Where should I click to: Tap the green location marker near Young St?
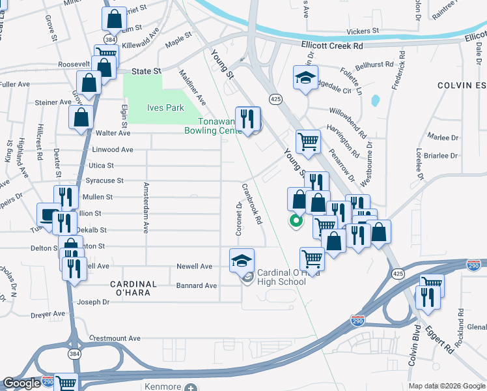tap(296, 221)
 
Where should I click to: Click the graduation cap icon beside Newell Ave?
tap(241, 261)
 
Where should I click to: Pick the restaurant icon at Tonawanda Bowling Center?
tap(247, 119)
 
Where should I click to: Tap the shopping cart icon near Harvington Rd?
tap(309, 141)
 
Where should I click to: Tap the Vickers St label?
tap(363, 31)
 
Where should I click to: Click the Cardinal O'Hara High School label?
tap(281, 277)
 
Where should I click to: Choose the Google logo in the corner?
tap(21, 383)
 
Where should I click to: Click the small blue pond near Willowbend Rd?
tap(376, 101)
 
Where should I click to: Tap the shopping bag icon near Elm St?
tap(115, 20)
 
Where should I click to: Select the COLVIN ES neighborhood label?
tap(461, 85)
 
